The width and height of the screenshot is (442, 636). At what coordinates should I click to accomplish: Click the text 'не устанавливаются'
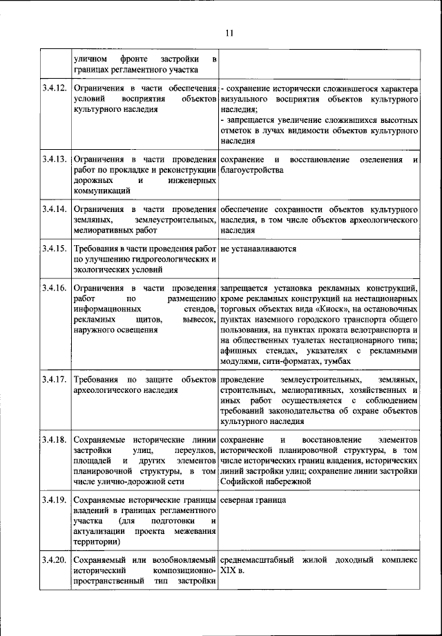tap(259, 248)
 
